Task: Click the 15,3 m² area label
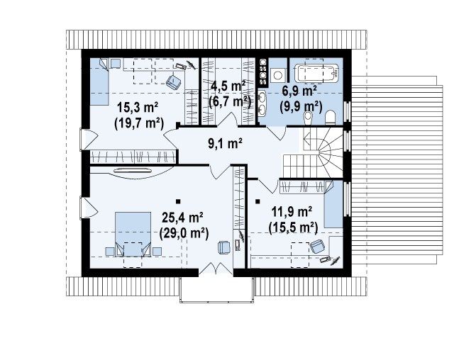pyautogui.click(x=137, y=108)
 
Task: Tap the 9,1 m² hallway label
pyautogui.click(x=226, y=143)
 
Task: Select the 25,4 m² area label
pyautogui.click(x=182, y=218)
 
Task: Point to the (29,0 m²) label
pyautogui.click(x=184, y=233)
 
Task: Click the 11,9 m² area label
pyautogui.click(x=292, y=212)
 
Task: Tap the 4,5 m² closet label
pyautogui.click(x=228, y=86)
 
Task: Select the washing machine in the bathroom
pyautogui.click(x=278, y=75)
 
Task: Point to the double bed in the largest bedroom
pyautogui.click(x=133, y=234)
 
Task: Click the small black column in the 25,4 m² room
pyautogui.click(x=178, y=201)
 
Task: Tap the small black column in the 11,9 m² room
pyautogui.click(x=258, y=201)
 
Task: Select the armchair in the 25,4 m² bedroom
pyautogui.click(x=224, y=248)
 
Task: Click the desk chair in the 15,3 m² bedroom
pyautogui.click(x=174, y=81)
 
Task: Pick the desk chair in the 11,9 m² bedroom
pyautogui.click(x=318, y=247)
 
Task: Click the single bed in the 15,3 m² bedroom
pyautogui.click(x=99, y=81)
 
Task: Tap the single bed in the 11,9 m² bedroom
pyautogui.click(x=333, y=204)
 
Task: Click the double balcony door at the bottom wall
pyautogui.click(x=216, y=267)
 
